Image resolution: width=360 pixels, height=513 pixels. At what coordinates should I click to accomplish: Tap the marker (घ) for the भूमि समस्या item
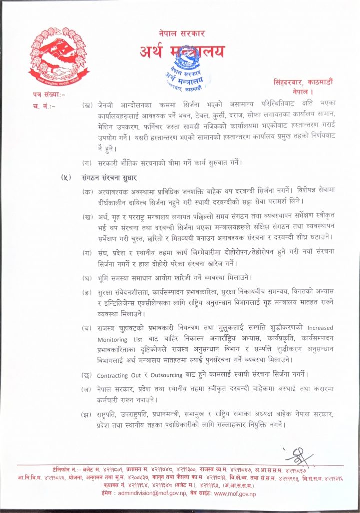pyautogui.click(x=87, y=278)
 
